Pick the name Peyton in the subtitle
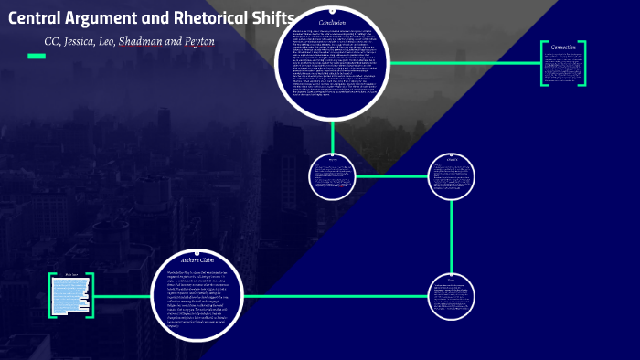coord(208,42)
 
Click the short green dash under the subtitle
coord(37,57)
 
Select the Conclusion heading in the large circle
coord(332,22)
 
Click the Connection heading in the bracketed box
coord(563,47)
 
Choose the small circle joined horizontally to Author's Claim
coord(452,295)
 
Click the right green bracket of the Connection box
coord(583,64)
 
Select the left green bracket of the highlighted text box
coord(52,295)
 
